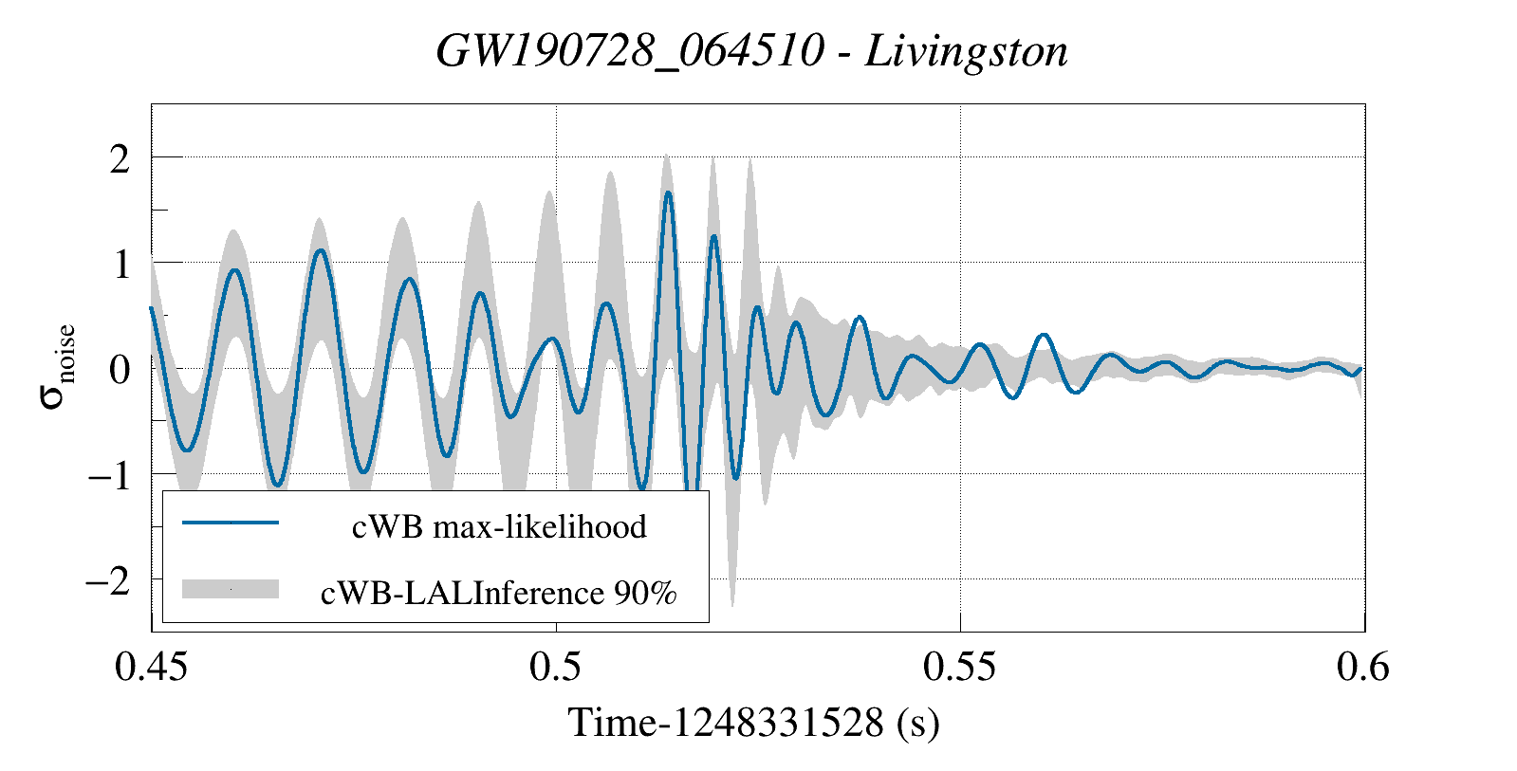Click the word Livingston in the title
click(x=966, y=51)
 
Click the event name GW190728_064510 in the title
click(x=630, y=51)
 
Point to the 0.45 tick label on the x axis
click(x=151, y=668)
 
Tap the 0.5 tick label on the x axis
click(x=556, y=668)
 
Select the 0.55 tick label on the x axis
click(x=960, y=668)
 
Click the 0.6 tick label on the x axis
click(x=1363, y=668)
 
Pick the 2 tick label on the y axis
click(x=120, y=159)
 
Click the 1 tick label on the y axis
click(x=120, y=265)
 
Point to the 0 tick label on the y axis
click(x=120, y=370)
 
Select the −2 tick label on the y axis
click(x=108, y=580)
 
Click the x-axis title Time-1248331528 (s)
click(x=753, y=723)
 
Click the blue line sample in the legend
click(x=231, y=523)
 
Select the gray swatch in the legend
click(x=231, y=589)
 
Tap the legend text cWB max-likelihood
click(x=499, y=526)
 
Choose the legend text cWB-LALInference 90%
click(x=499, y=593)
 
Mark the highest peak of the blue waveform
click(x=668, y=193)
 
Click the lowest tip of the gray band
click(x=732, y=605)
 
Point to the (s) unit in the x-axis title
click(x=917, y=723)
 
